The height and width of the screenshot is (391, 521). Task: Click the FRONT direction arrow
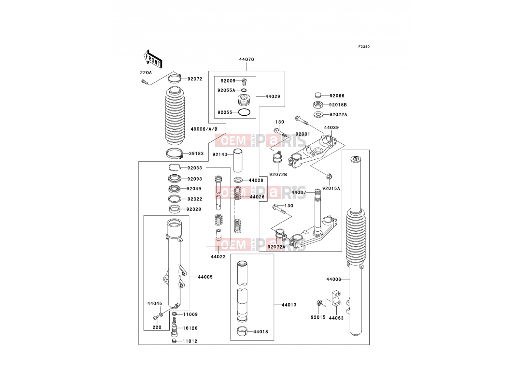click(x=153, y=59)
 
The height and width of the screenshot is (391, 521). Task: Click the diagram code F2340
click(x=364, y=47)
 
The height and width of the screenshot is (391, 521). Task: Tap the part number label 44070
click(x=246, y=59)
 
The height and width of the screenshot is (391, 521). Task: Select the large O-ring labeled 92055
click(x=244, y=112)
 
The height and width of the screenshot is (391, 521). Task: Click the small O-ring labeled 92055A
click(x=244, y=90)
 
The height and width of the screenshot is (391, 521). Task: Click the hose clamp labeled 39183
click(x=175, y=153)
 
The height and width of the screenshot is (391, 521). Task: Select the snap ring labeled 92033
click(x=175, y=167)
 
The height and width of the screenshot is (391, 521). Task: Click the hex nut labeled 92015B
click(x=317, y=105)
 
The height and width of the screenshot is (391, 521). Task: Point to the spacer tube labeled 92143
click(x=238, y=160)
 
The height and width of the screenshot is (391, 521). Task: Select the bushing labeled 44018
click(x=242, y=331)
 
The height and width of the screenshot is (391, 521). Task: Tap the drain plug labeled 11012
click(x=175, y=341)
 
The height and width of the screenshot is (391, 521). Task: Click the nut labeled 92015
click(x=319, y=303)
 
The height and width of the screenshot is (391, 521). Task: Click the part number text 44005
click(x=205, y=277)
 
